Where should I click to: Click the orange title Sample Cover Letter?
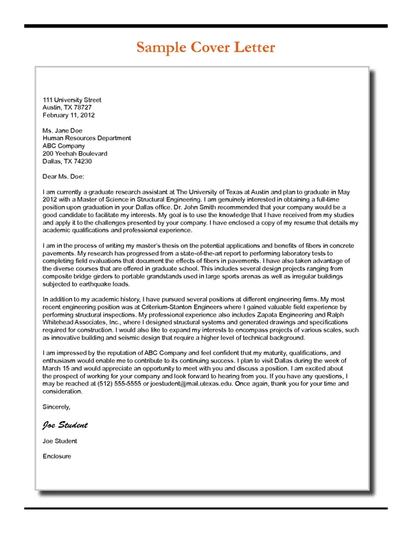pos(205,47)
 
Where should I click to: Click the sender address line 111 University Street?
pos(72,100)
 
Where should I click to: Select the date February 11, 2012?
pos(69,115)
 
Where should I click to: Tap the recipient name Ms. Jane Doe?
pos(62,131)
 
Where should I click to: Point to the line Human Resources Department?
pos(87,138)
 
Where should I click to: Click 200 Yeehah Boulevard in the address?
pos(75,154)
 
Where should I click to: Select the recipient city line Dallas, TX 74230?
pos(67,161)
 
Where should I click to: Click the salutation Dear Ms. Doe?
pos(63,177)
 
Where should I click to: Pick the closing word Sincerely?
pos(56,407)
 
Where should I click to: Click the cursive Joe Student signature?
pos(65,424)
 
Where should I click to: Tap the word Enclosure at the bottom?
pos(57,456)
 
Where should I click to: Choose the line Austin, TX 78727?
pos(67,108)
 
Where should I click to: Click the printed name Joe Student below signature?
pos(60,441)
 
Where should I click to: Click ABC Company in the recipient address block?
pos(64,146)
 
